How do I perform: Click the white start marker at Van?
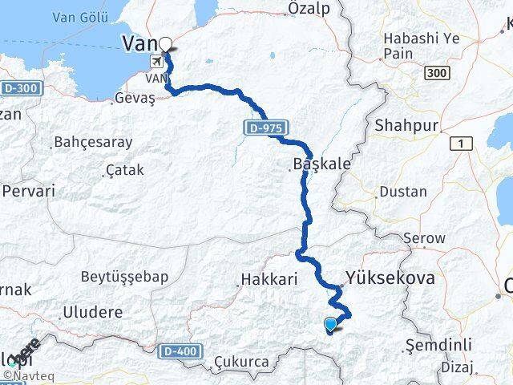(166, 44)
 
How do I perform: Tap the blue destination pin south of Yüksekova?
(330, 324)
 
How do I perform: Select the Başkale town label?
(322, 164)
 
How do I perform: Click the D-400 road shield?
(178, 351)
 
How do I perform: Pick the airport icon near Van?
(156, 61)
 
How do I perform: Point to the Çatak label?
(124, 170)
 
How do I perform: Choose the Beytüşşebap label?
(124, 277)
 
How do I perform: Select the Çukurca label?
(241, 363)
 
